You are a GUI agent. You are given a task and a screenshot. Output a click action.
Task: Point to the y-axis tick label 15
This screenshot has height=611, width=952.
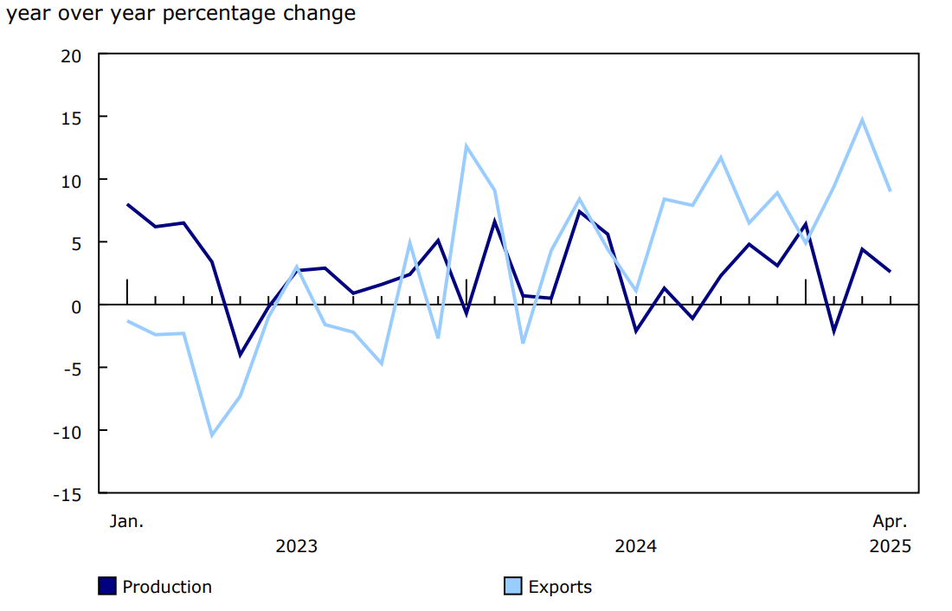click(x=70, y=118)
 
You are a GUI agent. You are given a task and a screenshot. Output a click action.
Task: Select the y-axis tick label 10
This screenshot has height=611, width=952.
click(x=70, y=181)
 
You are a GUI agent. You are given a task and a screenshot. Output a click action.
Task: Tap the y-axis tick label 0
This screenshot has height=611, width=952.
click(x=76, y=306)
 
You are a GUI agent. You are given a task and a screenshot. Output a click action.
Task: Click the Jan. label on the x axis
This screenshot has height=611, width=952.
click(x=126, y=521)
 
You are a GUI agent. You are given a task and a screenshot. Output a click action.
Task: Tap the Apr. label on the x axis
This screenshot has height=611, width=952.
click(x=890, y=521)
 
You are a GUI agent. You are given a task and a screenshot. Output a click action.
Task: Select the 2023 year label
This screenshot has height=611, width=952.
click(x=296, y=546)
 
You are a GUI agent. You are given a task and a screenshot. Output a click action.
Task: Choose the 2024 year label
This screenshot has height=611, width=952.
click(x=635, y=546)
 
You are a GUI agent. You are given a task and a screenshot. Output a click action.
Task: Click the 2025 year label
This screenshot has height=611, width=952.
click(x=890, y=546)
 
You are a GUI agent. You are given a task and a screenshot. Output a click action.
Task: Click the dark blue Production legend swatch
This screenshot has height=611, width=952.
click(x=107, y=587)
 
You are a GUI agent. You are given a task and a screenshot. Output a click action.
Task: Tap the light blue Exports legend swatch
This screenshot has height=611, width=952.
click(x=513, y=587)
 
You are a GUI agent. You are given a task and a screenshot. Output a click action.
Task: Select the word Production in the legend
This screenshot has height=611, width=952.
click(x=167, y=587)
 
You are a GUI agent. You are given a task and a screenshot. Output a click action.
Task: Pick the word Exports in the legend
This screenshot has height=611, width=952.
click(x=560, y=587)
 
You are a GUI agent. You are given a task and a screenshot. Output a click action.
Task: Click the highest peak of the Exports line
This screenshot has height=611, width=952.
click(x=862, y=119)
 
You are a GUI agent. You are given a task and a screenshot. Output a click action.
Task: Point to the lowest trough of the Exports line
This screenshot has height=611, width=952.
click(x=212, y=435)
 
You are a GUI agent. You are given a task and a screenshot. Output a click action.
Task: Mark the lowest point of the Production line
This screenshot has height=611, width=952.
click(x=240, y=355)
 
